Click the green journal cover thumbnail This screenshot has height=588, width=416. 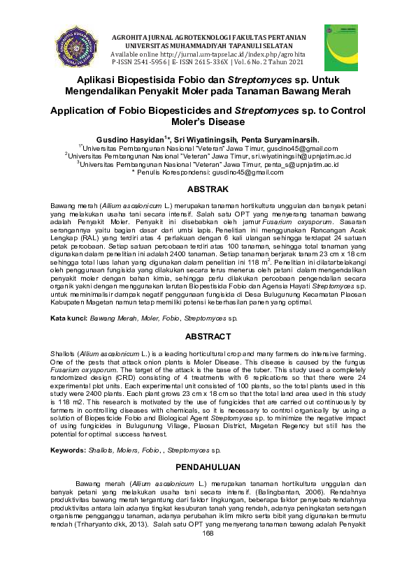[340, 47]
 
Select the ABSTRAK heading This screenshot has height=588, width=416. [208, 189]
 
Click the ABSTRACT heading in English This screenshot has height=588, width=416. [208, 335]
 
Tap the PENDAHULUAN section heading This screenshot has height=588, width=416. [208, 466]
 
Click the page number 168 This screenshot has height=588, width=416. [208, 533]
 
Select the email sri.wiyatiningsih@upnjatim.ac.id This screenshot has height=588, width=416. [296, 156]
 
